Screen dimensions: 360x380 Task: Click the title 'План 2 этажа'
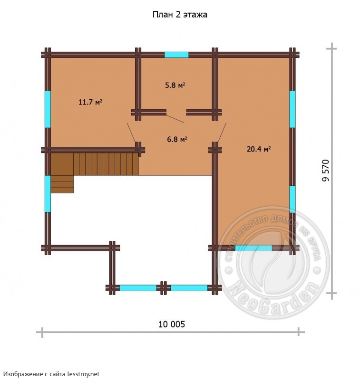coord(180,15)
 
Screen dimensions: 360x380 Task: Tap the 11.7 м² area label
coord(90,102)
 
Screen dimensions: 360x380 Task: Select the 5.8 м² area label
coord(175,85)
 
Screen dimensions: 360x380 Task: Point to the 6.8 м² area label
coord(177,139)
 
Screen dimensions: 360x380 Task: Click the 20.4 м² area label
coord(259,149)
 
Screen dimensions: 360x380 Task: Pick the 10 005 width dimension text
coord(172,324)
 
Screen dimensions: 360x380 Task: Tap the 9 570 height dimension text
coord(326,170)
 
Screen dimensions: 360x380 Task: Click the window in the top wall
coord(176,55)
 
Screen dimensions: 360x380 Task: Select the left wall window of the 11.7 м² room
coord(48,109)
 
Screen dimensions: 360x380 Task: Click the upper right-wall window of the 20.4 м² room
coord(292,109)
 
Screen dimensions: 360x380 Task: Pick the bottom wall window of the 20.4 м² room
coord(253,248)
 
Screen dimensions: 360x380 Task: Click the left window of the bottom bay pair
coord(138,288)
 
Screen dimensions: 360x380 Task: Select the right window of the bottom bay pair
coord(189,288)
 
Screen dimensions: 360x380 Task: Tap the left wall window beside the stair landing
coord(48,194)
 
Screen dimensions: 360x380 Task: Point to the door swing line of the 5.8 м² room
coord(175,119)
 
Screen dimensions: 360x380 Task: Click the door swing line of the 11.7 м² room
coord(131,133)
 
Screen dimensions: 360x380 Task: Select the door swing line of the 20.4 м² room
coord(222,133)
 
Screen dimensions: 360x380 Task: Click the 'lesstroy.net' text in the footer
coord(83,374)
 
